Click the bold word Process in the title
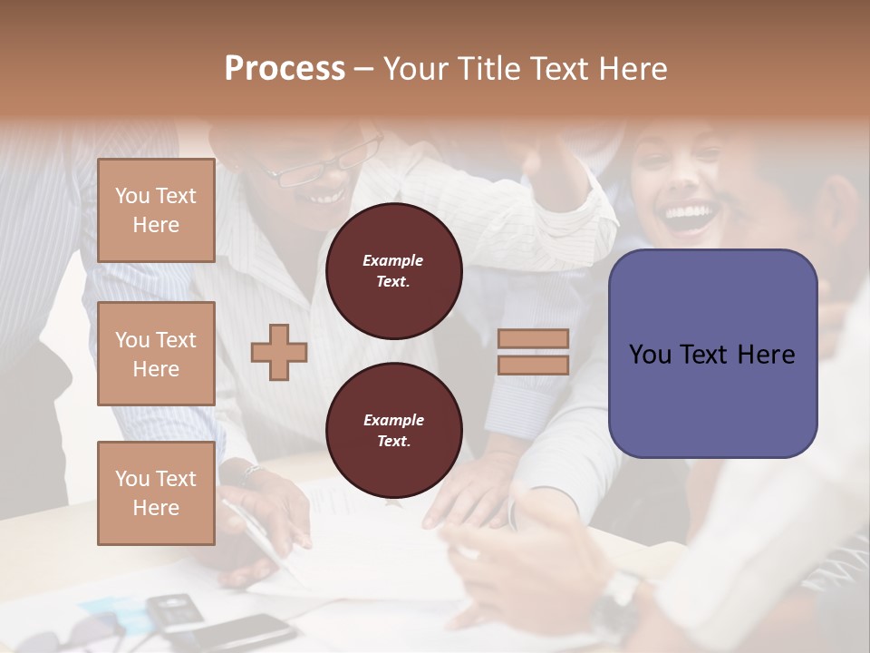pos(285,69)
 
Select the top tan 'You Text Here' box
pos(156,210)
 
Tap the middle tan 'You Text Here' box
pos(156,354)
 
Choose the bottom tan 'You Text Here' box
pos(156,493)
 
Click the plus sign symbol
pos(279,353)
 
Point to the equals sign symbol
pos(533,352)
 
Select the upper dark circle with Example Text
pos(393,271)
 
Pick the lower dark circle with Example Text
pos(393,431)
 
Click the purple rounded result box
pos(712,354)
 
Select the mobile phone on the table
pos(172,610)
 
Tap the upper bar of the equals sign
pos(533,339)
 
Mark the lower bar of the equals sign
pos(533,365)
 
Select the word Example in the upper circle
pos(393,260)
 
